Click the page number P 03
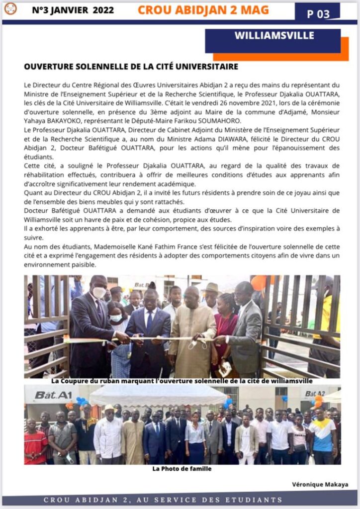(x=318, y=14)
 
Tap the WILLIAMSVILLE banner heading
(x=274, y=36)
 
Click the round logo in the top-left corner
(x=10, y=9)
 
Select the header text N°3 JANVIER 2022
(x=73, y=10)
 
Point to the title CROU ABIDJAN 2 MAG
(x=203, y=10)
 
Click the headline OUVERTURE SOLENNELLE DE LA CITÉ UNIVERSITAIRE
(x=131, y=67)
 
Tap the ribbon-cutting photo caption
(x=182, y=381)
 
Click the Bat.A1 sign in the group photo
(x=46, y=395)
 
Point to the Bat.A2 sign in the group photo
(x=315, y=394)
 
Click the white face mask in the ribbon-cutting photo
(x=99, y=293)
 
